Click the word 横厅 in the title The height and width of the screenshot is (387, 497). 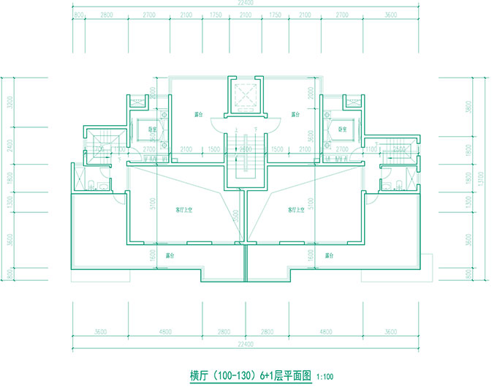200,376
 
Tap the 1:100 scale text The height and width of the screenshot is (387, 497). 325,377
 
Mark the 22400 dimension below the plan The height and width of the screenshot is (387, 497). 246,343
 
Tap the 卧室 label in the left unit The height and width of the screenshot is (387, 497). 152,130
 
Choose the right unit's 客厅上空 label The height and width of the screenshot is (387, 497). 297,210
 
